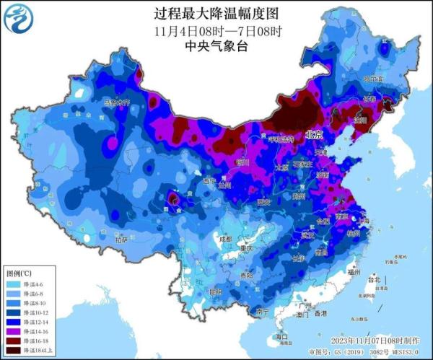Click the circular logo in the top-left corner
[19, 19]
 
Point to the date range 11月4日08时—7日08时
[217, 31]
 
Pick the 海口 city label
[282, 337]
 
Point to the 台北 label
[373, 278]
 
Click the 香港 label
[319, 314]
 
